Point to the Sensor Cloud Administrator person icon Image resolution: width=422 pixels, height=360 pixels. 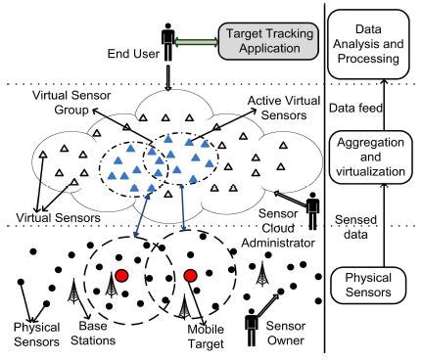pos(312,213)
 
